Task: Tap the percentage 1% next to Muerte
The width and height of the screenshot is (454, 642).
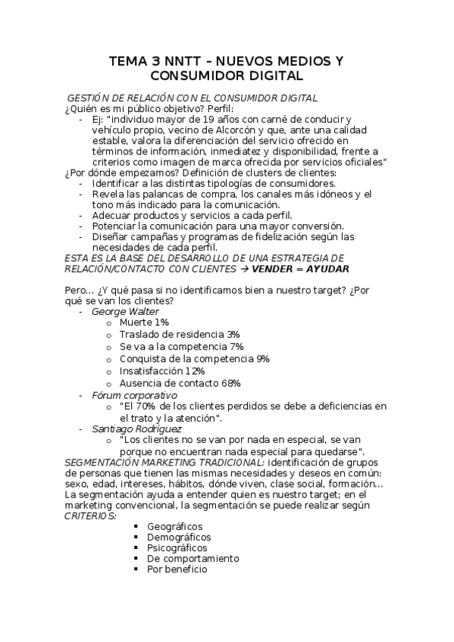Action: click(x=161, y=323)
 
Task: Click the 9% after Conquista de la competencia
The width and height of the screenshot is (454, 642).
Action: click(x=262, y=359)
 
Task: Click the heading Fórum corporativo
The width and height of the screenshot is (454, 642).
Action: click(x=134, y=395)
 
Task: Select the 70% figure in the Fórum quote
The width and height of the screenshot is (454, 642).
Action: click(x=147, y=407)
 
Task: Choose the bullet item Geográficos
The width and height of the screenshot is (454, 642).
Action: click(x=175, y=526)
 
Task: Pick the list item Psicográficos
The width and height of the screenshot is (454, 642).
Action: click(x=177, y=547)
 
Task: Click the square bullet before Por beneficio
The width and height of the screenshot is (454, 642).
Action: click(x=136, y=569)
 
